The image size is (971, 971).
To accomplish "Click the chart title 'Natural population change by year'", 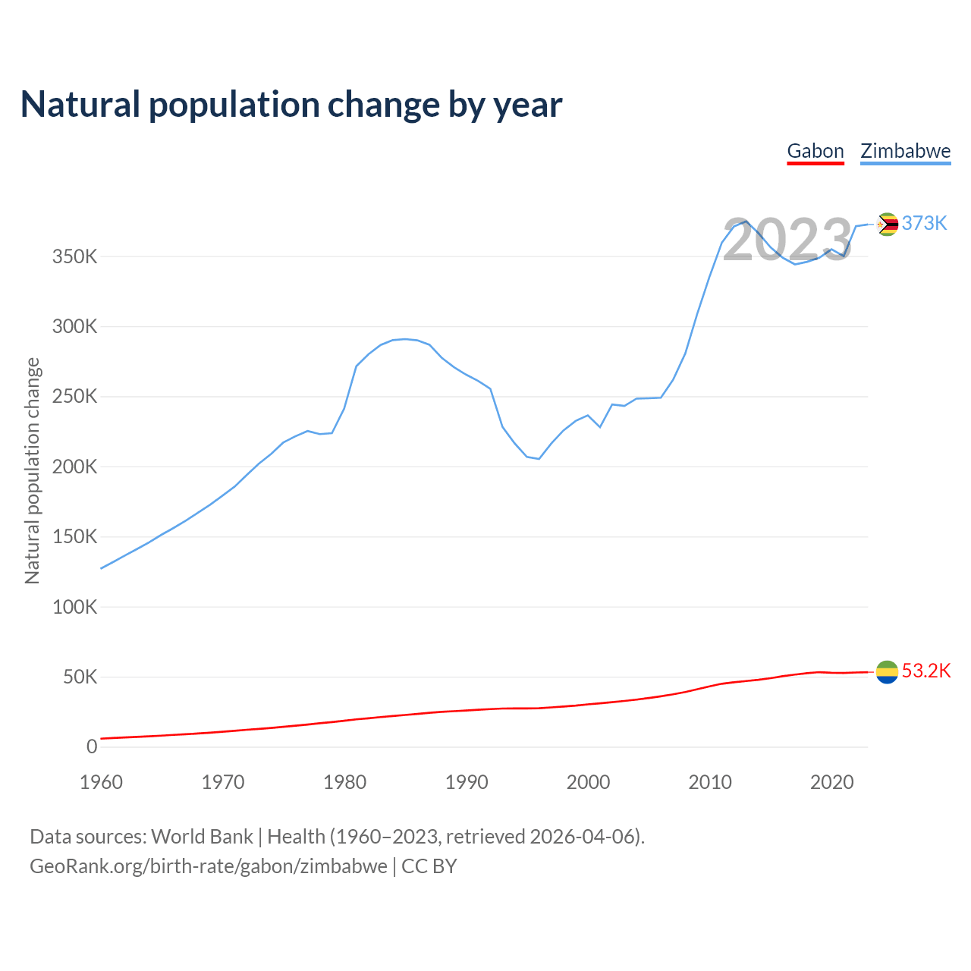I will click(x=291, y=105).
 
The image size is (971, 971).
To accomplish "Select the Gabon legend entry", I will click(x=815, y=151).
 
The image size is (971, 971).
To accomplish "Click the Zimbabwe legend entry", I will click(x=905, y=151).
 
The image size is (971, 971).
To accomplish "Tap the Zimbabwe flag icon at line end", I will click(x=887, y=224).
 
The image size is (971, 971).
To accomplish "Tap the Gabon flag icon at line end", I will click(x=887, y=671).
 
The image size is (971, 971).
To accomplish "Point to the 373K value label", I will click(x=924, y=223).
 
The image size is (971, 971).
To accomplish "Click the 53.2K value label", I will click(x=925, y=671).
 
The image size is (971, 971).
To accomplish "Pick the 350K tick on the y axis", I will click(x=74, y=256).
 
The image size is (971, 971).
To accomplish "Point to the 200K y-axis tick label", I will click(x=74, y=467).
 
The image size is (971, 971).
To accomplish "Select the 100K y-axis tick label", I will click(x=74, y=607).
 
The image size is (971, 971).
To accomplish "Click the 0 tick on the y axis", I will click(x=92, y=746).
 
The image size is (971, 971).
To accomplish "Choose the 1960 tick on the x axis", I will click(x=101, y=782).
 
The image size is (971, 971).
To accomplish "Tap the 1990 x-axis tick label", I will click(x=467, y=782).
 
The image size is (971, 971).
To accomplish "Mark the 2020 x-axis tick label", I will click(x=832, y=782).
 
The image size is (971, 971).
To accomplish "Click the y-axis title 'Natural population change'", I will click(x=32, y=470).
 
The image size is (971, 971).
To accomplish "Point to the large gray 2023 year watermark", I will click(x=787, y=240).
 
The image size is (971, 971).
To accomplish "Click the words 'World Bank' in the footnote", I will click(x=202, y=837).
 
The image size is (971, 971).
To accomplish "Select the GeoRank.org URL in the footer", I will click(x=209, y=866).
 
